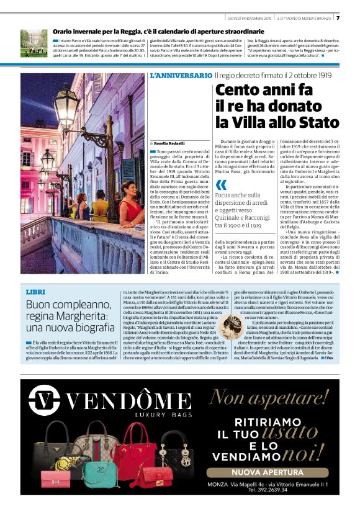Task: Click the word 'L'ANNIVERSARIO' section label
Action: [181, 75]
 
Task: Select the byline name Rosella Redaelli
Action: [168, 143]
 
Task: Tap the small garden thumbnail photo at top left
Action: [34, 42]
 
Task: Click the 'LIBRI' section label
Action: [36, 291]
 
